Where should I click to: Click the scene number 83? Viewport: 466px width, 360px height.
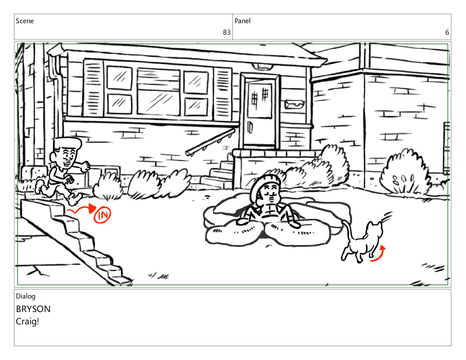click(227, 32)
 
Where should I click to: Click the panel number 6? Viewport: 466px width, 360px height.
click(447, 32)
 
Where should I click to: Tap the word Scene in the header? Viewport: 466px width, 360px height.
click(25, 21)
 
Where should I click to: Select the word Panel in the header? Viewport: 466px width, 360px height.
click(242, 21)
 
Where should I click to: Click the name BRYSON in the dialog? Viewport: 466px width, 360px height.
click(33, 309)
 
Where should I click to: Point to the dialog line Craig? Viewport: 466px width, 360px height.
click(27, 322)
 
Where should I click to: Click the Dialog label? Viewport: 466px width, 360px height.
click(26, 296)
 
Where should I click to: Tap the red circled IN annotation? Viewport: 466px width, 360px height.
click(102, 215)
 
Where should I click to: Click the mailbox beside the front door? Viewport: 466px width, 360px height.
click(294, 104)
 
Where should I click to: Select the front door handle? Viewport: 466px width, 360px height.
click(250, 127)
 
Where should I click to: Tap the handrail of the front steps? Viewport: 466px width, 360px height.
click(210, 142)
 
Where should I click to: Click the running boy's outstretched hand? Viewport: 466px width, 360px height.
click(85, 166)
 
